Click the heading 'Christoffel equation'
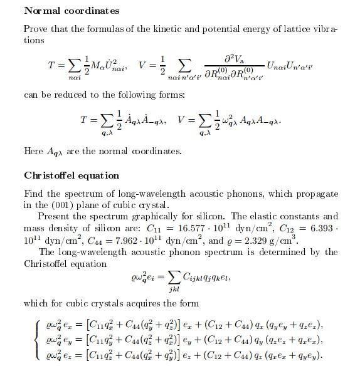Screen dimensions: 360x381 click(71, 175)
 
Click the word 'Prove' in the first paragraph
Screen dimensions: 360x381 click(35, 29)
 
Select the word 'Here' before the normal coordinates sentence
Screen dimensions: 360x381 click(33, 151)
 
